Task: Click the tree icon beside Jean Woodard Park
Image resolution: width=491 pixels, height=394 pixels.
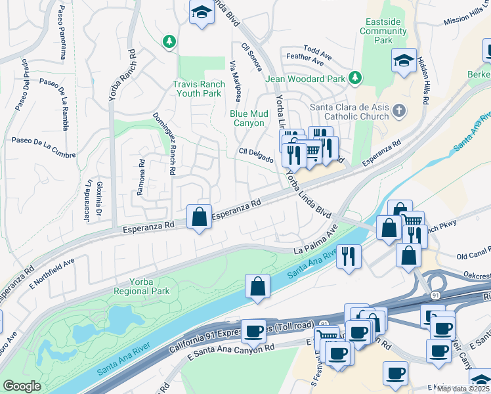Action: [355, 78]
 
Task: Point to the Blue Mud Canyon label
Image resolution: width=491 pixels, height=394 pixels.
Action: [249, 118]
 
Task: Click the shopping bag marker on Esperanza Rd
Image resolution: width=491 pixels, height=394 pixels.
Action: [199, 217]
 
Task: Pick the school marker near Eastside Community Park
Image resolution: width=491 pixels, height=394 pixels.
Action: [404, 62]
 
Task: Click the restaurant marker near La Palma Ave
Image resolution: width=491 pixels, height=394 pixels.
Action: [349, 254]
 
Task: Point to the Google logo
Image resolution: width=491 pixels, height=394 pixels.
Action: [22, 386]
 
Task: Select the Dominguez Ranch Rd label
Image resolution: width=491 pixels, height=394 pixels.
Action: [164, 144]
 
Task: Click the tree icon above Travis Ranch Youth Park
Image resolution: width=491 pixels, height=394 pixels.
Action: [170, 41]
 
